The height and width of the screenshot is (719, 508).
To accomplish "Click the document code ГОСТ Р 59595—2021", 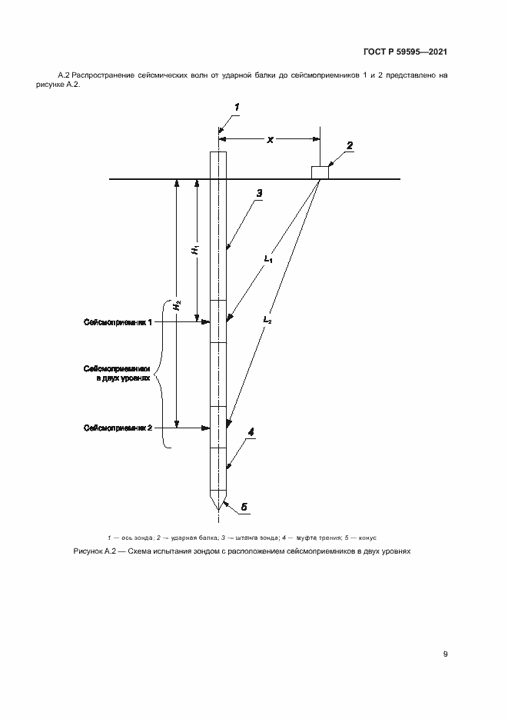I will [x=404, y=52].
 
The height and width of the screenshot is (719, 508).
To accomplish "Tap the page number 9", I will [x=445, y=654].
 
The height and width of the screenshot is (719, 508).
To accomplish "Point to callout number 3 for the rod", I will [x=260, y=193].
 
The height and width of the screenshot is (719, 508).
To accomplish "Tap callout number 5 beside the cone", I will [x=244, y=508].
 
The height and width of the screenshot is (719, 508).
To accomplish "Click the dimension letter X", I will [x=270, y=140].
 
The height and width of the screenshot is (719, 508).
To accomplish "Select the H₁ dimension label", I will [x=197, y=249].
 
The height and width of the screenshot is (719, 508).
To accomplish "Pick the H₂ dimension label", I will [x=177, y=305].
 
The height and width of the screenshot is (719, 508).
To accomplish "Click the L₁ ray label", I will [x=268, y=260].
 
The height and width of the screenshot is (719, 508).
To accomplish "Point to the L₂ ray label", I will [x=267, y=318].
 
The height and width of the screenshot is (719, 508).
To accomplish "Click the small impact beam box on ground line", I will [x=319, y=172].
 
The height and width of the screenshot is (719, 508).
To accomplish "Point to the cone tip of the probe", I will [x=219, y=510].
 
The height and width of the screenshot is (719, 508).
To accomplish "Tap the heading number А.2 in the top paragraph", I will [x=64, y=75].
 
